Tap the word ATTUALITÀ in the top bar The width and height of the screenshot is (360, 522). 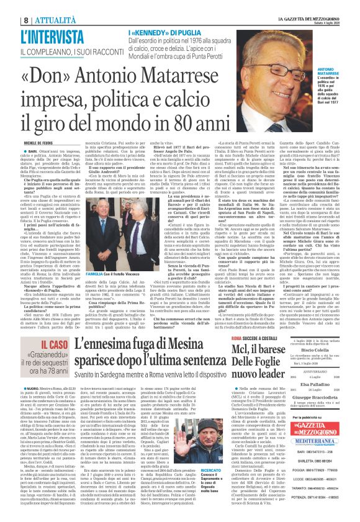click(x=53, y=6)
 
